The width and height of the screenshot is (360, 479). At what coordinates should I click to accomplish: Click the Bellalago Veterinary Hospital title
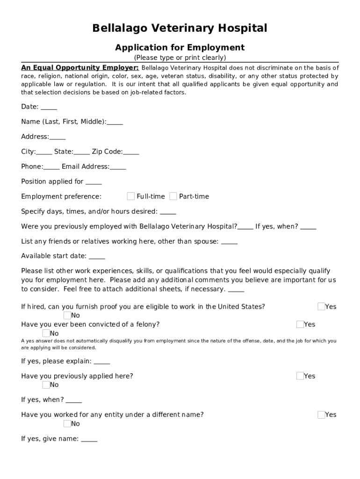tap(180, 29)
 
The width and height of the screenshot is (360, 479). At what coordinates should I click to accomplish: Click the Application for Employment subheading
tap(180, 48)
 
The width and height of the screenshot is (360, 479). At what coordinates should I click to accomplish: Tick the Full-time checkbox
tap(131, 196)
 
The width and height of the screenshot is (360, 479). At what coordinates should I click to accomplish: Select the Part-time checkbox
tap(173, 196)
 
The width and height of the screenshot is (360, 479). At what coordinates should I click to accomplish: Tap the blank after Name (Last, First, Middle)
tap(115, 123)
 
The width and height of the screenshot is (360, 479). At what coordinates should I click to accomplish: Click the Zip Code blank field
tap(131, 152)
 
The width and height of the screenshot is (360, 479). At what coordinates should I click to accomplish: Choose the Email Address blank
tap(118, 167)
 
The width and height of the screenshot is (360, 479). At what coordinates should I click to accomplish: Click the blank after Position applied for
tap(94, 182)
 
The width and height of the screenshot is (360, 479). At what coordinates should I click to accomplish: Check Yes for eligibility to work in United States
tap(321, 307)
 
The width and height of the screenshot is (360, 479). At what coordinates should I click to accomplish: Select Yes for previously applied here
tap(300, 376)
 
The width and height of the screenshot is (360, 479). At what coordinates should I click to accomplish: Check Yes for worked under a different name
tap(321, 415)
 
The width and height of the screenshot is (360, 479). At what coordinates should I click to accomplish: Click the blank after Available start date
tap(97, 257)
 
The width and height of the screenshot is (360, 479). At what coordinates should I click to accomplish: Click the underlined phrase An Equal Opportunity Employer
tap(79, 68)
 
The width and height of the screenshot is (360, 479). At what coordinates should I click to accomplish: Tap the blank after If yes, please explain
tap(102, 362)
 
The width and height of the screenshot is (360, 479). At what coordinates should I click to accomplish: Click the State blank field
tap(82, 152)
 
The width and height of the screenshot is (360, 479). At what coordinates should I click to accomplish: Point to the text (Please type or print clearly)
tap(180, 58)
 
